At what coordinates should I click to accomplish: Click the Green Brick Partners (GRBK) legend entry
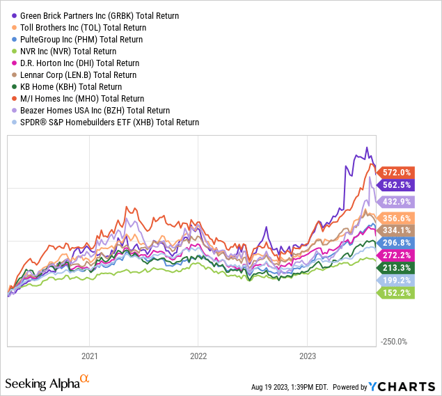[98, 15]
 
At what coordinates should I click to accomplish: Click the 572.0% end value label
[397, 173]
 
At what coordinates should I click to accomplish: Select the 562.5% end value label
[397, 185]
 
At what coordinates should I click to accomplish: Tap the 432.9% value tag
[397, 201]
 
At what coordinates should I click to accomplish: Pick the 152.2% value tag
[397, 293]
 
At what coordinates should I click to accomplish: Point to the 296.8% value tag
[397, 242]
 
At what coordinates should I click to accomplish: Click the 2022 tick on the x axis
[198, 355]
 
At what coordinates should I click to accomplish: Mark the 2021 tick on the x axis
[89, 355]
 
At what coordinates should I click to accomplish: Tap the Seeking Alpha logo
[47, 383]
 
